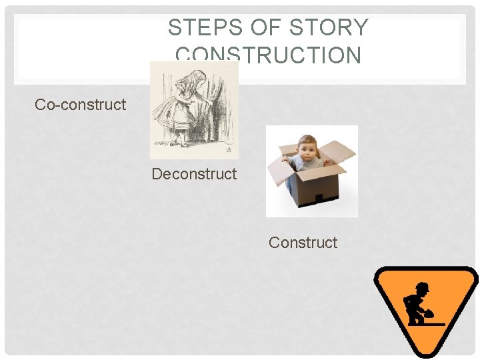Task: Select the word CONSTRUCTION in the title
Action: point(268,56)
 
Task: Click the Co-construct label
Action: point(80,105)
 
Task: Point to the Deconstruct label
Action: point(194,174)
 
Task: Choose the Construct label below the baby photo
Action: point(303,243)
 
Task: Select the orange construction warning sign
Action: point(425,311)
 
